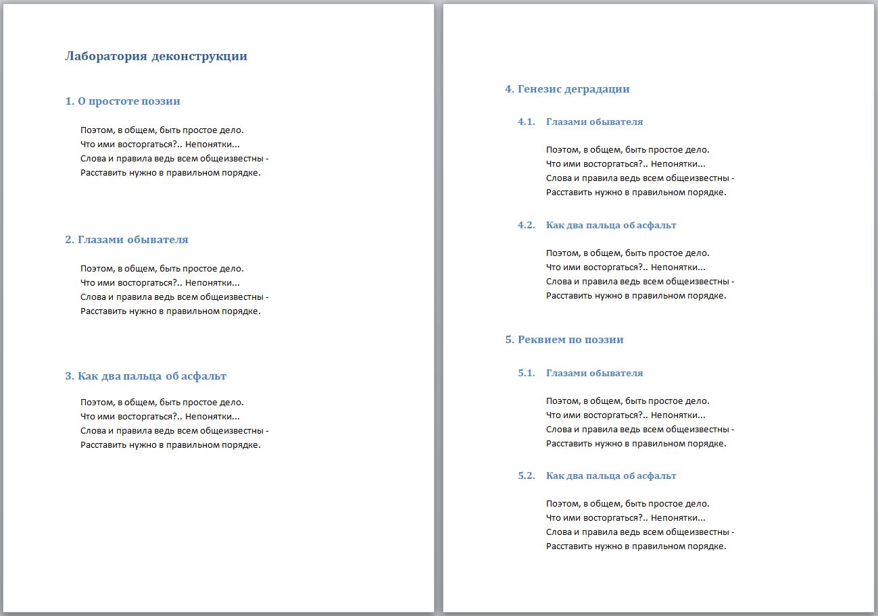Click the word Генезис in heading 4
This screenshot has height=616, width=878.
[539, 88]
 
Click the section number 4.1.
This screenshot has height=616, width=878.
[527, 122]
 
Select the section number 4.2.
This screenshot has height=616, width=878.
[527, 225]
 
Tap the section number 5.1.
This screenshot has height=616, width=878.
[527, 373]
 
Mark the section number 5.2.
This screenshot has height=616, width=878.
[527, 476]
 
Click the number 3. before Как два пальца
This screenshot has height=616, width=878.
[70, 376]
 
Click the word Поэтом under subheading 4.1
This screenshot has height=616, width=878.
[563, 150]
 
